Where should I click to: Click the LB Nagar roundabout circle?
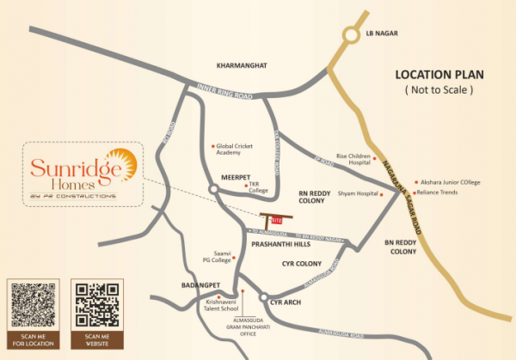pos(351,35)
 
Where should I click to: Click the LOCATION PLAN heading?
pos(439,75)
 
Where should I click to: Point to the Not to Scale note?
pos(439,89)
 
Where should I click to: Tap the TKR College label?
pos(259,187)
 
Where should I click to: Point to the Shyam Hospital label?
pos(359,194)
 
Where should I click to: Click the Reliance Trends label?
pos(437,192)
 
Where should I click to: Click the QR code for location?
pos(33,306)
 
